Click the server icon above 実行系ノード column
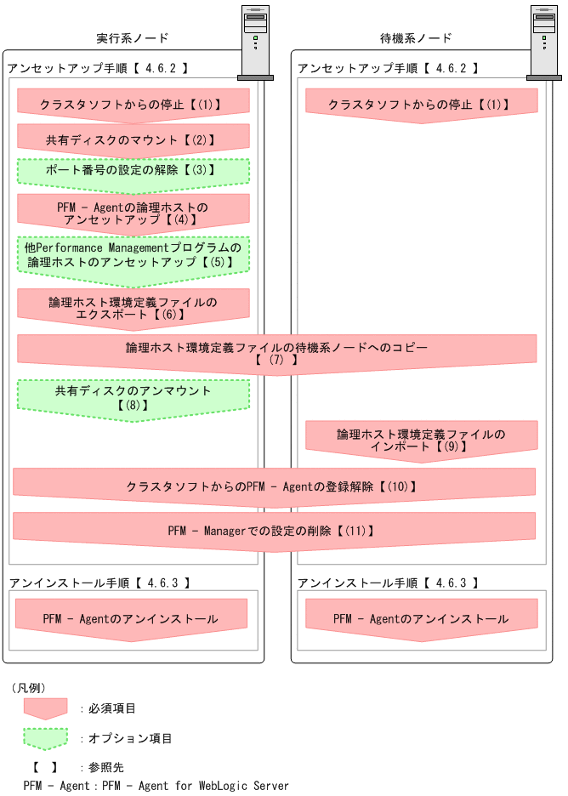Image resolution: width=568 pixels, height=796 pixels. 255,43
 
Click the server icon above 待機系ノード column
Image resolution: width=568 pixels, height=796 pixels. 544,43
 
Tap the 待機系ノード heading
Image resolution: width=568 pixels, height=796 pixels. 415,38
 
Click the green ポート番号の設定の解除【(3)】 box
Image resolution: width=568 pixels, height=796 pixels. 133,170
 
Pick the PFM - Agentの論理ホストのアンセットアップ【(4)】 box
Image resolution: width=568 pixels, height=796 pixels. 133,213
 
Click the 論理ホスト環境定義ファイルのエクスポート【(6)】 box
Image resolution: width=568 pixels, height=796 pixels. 133,308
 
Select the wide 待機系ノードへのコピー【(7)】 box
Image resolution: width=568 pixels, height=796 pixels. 276,354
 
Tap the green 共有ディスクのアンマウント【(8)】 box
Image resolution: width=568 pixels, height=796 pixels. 133,398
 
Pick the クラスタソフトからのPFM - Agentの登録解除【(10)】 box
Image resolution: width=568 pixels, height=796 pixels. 274,486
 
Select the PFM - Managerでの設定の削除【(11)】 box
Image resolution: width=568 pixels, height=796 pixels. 274,531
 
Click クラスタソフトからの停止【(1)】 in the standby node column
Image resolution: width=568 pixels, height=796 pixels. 422,105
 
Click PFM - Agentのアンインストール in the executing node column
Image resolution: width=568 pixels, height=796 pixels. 131,618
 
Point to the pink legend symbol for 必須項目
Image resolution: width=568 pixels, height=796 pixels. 45,708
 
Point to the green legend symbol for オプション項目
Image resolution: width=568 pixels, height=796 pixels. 45,737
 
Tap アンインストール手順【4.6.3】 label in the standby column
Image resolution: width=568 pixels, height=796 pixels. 388,583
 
